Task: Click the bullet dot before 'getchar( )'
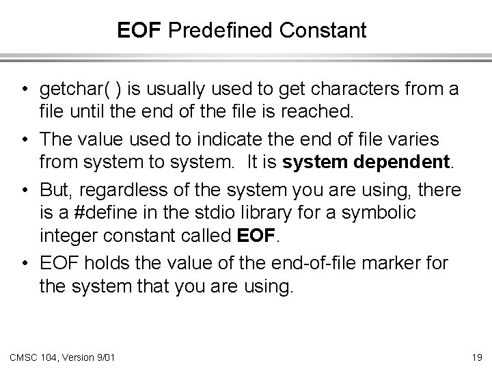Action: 25,90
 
